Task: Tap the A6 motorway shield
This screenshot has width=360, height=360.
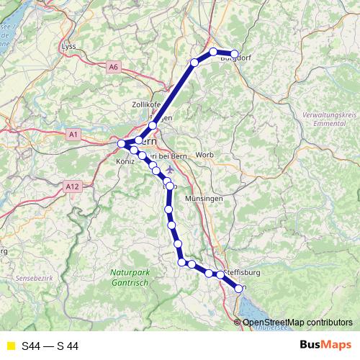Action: click(113, 67)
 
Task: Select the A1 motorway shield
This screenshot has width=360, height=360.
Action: click(73, 134)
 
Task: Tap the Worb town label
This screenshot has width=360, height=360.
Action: click(204, 155)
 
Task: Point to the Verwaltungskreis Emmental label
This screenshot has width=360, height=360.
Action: click(328, 119)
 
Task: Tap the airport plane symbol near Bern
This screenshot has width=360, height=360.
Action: click(169, 169)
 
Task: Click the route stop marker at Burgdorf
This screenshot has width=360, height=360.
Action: click(234, 54)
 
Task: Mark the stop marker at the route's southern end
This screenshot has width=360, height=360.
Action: click(240, 288)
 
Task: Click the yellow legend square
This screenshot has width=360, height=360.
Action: click(10, 346)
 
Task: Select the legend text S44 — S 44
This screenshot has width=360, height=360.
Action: click(50, 346)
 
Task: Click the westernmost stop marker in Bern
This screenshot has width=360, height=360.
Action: click(122, 144)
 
